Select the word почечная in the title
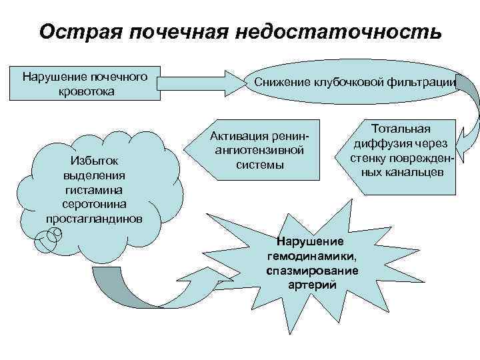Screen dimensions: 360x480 coord(191,32)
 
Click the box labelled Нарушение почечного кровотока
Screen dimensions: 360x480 coord(85,83)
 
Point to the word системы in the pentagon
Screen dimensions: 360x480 coord(259,165)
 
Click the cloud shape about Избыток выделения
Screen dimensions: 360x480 coord(93,183)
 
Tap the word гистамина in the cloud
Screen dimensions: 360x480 coord(93,189)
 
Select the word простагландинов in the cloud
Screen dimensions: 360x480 coord(93,219)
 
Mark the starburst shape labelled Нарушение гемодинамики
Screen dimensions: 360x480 coord(313,257)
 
